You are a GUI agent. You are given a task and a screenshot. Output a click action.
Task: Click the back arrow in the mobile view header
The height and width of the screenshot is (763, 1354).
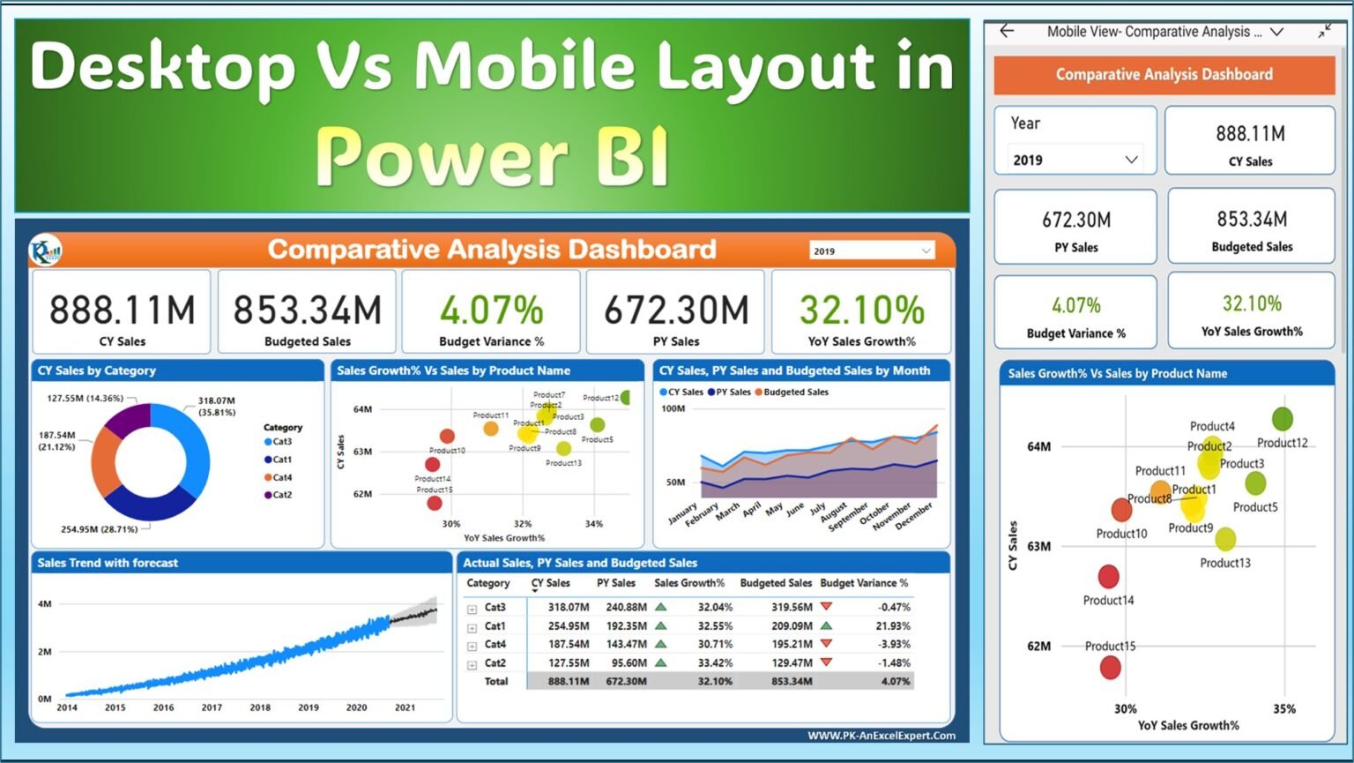click(1007, 32)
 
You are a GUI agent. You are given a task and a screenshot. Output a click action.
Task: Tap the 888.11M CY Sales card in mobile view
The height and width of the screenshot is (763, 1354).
click(1250, 142)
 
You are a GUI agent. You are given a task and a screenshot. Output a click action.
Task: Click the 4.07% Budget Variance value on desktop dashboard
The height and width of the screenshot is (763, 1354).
click(491, 310)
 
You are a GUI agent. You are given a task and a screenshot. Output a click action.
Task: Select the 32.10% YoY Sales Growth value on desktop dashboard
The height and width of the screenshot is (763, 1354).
click(861, 310)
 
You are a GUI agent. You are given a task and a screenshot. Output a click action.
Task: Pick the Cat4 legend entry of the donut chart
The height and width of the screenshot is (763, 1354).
click(281, 477)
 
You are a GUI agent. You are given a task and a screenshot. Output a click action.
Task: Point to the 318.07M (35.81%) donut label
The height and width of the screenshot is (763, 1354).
click(217, 406)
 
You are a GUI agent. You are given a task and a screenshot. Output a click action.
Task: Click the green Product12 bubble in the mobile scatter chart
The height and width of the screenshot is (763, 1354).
click(1282, 419)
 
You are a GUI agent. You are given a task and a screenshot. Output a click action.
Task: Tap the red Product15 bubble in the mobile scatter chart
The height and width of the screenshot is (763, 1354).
click(1110, 667)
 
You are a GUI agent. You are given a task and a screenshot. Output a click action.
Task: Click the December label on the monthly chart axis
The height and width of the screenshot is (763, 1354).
click(914, 515)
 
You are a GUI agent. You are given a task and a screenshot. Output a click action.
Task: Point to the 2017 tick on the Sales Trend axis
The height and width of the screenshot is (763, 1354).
click(212, 707)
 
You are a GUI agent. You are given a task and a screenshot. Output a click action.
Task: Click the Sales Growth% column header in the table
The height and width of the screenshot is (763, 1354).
click(688, 583)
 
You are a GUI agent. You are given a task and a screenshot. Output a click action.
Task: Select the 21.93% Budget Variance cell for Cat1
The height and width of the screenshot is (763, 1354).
click(892, 625)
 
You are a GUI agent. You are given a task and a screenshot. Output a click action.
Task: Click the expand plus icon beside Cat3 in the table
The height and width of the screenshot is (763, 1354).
click(472, 609)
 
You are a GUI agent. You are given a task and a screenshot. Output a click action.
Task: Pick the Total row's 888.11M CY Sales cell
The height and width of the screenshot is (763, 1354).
click(569, 681)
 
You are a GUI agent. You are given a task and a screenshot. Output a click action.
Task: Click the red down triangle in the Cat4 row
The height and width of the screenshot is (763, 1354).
click(826, 644)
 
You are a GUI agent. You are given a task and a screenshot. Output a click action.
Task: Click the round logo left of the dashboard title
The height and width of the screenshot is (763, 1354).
click(45, 251)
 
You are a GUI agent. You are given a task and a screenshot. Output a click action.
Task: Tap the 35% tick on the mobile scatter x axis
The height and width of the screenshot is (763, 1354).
click(1283, 708)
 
